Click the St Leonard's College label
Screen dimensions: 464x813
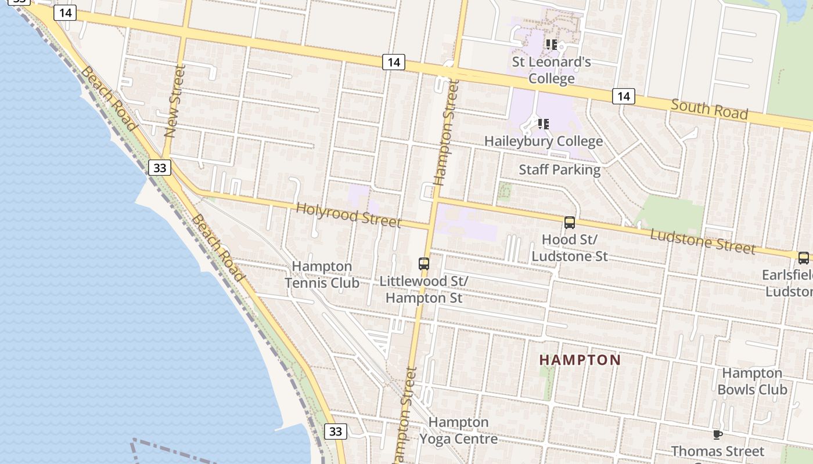tap(551, 70)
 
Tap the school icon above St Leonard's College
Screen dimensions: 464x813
tap(551, 44)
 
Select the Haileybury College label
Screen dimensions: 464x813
tap(543, 141)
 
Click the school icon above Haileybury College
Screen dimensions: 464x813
tap(543, 124)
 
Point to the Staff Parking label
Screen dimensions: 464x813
tap(559, 169)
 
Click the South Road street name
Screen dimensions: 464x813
tap(709, 109)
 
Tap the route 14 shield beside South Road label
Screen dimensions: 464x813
tap(623, 96)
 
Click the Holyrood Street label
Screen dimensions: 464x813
tap(348, 215)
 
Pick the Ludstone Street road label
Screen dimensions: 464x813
tap(703, 241)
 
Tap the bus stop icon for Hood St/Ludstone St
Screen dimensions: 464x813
tap(570, 223)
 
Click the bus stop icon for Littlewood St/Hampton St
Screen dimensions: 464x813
tap(424, 264)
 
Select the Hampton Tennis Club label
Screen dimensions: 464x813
tap(322, 274)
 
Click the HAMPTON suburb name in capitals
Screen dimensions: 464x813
tap(580, 360)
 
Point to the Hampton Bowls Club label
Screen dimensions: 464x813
tap(752, 381)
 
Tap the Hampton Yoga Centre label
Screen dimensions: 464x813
tap(458, 430)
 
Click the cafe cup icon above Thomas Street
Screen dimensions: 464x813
tap(718, 434)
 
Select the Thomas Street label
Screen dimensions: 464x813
tap(718, 451)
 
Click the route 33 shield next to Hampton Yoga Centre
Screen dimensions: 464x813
tap(335, 432)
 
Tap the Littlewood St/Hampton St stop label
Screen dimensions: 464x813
tap(424, 289)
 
